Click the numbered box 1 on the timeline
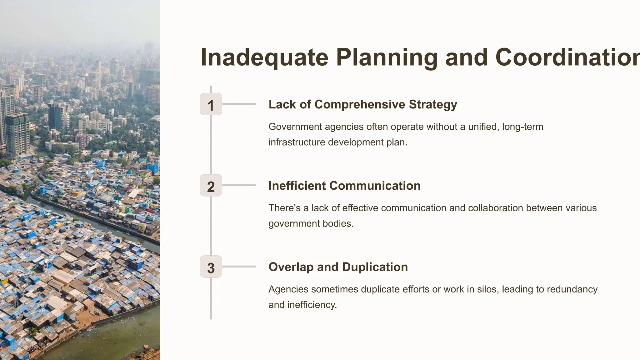tap(211, 104)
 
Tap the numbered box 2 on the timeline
tap(211, 185)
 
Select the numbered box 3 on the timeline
tap(211, 267)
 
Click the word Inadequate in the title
tap(264, 57)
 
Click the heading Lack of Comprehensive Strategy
tap(362, 104)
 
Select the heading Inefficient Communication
tap(344, 186)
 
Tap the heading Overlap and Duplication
tap(338, 267)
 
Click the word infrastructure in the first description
tap(297, 142)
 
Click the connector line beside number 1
tap(239, 104)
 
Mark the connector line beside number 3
tap(239, 267)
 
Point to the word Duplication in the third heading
tap(375, 267)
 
